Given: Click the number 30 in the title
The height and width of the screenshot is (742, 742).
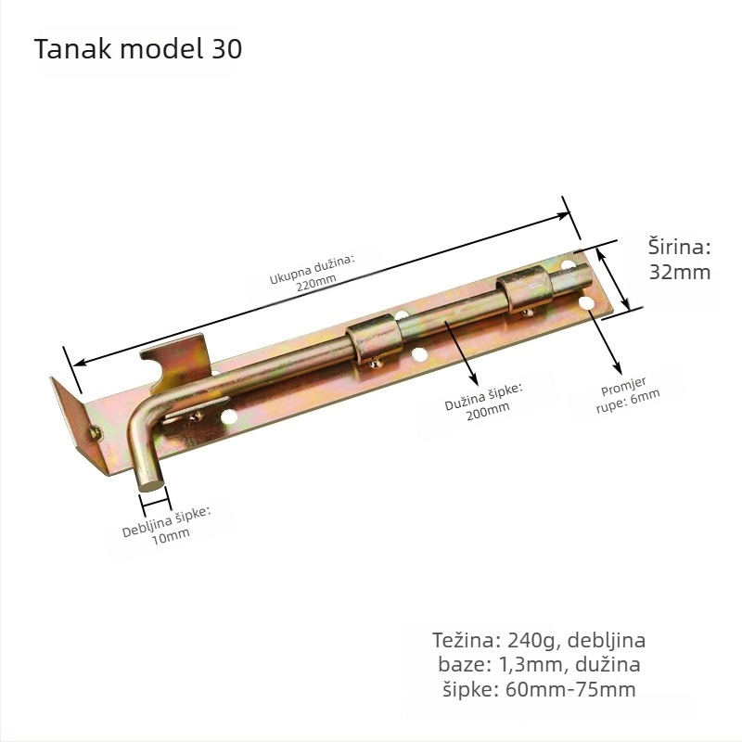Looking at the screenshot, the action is coord(226,49).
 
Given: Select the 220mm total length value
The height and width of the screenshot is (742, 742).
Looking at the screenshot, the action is coord(316,282).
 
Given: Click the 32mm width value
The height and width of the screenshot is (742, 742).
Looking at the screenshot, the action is coord(680,273).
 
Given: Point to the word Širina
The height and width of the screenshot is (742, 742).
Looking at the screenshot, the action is coord(679,247).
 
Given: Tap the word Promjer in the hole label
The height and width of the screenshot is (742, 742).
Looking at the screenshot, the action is coord(623,387).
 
